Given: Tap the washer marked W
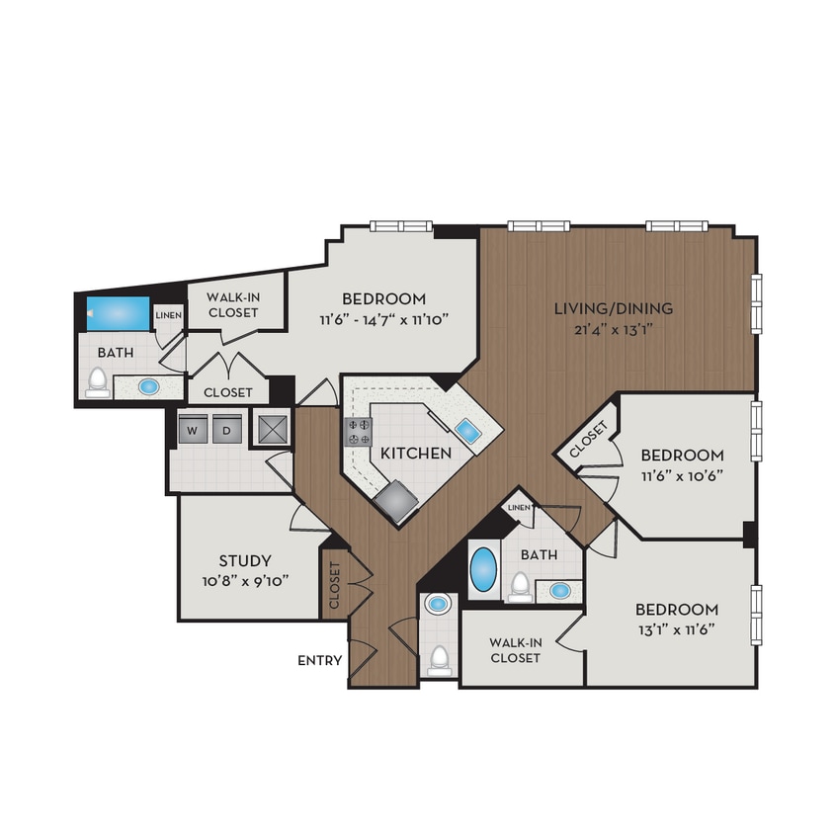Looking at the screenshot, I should [x=192, y=431].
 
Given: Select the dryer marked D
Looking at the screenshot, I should [x=225, y=431].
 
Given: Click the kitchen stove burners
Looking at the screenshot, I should [x=357, y=431].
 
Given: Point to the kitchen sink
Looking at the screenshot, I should [x=466, y=431].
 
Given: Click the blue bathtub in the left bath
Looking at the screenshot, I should [x=117, y=313].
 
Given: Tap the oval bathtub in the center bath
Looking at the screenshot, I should [x=483, y=569].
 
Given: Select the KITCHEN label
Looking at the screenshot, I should [x=416, y=453].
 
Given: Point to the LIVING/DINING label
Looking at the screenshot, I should [x=613, y=308].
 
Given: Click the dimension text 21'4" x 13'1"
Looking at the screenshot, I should [x=613, y=329].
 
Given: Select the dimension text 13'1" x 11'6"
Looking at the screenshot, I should [x=676, y=629].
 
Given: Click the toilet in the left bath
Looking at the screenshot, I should [x=98, y=381].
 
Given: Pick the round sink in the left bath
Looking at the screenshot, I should [x=149, y=386].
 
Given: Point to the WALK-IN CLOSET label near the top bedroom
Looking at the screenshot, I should [x=231, y=304].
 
